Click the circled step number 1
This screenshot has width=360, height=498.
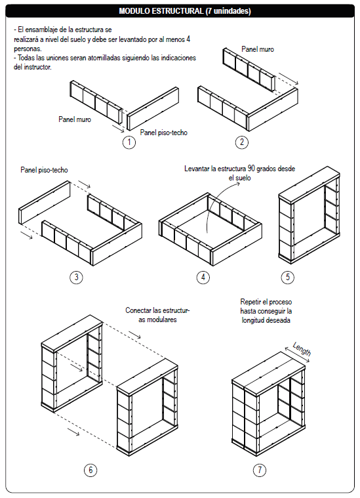pos(129,142)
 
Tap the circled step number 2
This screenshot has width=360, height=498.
pos(242,142)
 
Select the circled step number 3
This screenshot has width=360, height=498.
pos(76,277)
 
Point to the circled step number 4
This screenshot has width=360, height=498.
pos(203,277)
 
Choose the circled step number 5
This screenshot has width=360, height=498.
pos(288,277)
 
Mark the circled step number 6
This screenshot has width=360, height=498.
pos(90,470)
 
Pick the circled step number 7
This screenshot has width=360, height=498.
pos(260,470)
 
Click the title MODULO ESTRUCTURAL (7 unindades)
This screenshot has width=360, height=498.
pos(185,11)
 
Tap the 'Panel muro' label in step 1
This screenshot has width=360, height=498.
pos(75,119)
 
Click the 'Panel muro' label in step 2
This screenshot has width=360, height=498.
pos(258,49)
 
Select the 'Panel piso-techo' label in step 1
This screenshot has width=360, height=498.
pos(164,133)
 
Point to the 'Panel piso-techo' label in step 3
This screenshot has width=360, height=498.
pos(44,170)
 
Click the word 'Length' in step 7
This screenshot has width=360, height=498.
pos(302,349)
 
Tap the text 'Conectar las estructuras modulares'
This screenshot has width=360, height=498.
pos(157,315)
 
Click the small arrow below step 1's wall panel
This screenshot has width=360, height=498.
pos(118,128)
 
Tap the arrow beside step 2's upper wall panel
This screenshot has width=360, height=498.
pos(289,79)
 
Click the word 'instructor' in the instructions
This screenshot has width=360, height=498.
pos(37,67)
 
